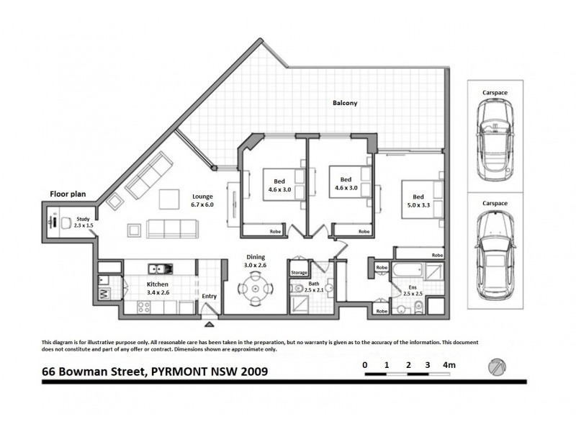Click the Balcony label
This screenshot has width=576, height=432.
point(345,103)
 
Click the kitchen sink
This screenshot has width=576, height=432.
point(159,269)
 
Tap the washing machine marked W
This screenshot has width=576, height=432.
point(104,294)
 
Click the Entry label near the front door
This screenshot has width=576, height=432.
point(209,296)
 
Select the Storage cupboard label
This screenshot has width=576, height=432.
point(299,273)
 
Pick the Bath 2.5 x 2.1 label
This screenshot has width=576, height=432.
point(314,287)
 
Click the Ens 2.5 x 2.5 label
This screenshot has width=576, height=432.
point(412,292)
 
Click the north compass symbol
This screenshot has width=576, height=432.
point(496,366)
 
